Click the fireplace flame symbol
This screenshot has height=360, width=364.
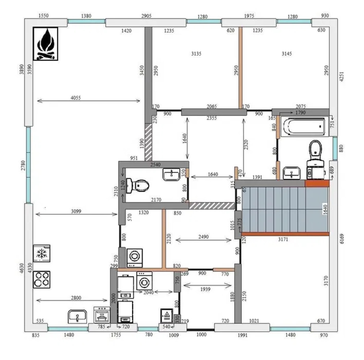coord(45,44)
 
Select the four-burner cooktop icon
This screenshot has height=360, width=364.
coord(42,280)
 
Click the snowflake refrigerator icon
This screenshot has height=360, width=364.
coord(42,253)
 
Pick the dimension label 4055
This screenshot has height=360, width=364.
coord(76,98)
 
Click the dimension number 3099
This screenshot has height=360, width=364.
coord(76,211)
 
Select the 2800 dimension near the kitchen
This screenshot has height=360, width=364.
coord(76,298)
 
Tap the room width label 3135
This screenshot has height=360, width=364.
coord(196,54)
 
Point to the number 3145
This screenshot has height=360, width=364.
coord(287,54)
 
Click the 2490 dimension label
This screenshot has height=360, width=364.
coord(204,237)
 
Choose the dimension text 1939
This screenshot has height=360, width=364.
coord(205,289)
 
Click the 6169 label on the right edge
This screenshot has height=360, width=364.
coord(342,239)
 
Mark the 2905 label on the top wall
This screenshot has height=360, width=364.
coord(147,16)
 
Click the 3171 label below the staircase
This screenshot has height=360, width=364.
coord(283,239)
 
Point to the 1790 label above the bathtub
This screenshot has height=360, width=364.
coord(300,113)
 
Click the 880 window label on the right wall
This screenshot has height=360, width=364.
coord(341,148)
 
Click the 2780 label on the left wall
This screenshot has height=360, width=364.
coord(23,165)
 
